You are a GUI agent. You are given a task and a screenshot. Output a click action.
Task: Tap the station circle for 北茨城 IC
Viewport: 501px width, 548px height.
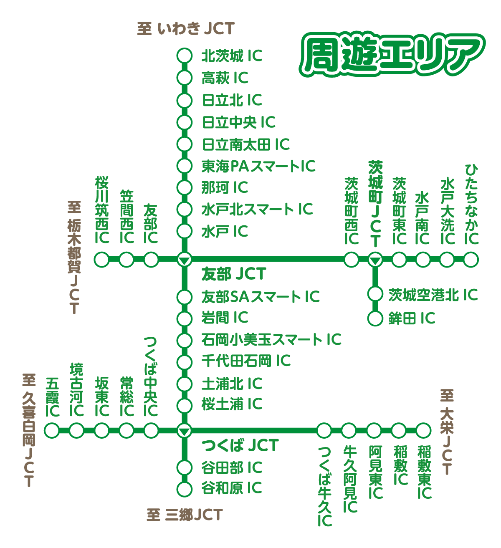coord(184,56)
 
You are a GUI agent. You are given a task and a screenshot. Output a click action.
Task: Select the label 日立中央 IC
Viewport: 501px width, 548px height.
coord(238,122)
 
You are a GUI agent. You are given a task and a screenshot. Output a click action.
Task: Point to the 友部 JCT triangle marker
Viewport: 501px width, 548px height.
coord(184,260)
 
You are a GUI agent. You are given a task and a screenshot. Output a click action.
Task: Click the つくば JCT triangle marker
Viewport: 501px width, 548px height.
coord(184,430)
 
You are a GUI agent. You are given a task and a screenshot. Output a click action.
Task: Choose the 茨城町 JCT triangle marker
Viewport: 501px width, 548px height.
coord(375,260)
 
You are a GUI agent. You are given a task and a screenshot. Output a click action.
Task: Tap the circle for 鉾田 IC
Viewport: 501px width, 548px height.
coord(375,318)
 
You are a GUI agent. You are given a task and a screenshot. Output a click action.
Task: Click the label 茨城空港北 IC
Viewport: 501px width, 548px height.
coord(433,295)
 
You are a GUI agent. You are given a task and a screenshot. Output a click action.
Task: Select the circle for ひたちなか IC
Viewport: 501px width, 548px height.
coord(471,260)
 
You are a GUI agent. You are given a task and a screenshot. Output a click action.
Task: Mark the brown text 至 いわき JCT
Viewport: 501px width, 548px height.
coord(186,28)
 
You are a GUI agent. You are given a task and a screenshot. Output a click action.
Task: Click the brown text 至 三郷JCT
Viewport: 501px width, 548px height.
coord(185,515)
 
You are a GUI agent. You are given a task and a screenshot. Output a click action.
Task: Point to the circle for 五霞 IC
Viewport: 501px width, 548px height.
coord(52,430)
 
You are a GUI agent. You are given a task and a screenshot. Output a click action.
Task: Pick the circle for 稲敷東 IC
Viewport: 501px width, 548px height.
coord(423,430)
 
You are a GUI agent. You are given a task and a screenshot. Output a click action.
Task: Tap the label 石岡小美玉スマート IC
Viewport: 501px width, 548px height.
coord(271,339)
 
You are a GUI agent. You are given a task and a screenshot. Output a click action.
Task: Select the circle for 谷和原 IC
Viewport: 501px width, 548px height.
coord(184,488)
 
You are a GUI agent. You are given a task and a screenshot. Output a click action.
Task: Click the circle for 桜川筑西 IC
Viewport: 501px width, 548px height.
coord(101,260)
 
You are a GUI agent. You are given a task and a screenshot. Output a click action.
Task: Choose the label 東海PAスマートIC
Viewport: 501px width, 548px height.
coord(258,166)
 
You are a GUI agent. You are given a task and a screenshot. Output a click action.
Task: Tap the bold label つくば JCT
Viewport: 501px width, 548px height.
coord(240,446)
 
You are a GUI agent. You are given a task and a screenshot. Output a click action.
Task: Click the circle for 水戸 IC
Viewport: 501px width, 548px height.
coord(184,231)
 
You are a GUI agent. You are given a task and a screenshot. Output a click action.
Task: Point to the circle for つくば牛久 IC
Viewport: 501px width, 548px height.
coord(324,430)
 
